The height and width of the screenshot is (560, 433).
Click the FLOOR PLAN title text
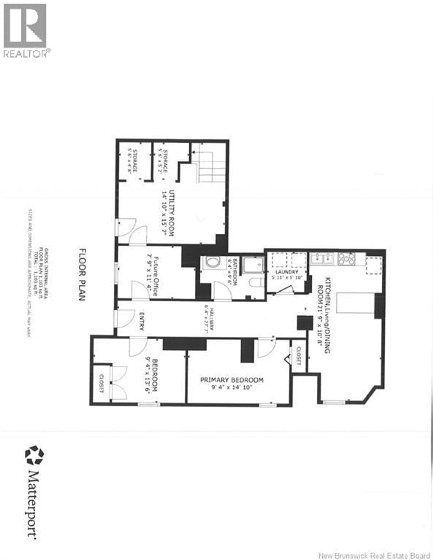[x=82, y=274]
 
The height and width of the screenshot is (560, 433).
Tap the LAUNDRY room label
[x=287, y=272]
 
